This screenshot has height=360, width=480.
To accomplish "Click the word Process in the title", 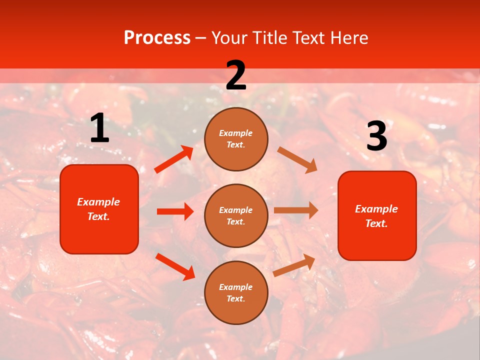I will (x=157, y=38).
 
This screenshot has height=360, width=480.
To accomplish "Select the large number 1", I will (x=99, y=128).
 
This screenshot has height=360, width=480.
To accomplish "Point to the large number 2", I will (x=236, y=75).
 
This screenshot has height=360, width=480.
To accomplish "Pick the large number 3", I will (x=376, y=136).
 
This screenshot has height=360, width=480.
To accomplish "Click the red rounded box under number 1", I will (x=99, y=209).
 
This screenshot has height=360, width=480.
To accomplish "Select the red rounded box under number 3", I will (x=377, y=215).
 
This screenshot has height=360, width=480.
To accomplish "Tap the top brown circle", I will (x=236, y=139).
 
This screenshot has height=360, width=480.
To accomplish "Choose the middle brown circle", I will (x=236, y=215).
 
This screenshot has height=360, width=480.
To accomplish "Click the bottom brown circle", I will (x=236, y=292).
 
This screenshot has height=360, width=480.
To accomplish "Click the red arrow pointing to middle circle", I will (x=175, y=211).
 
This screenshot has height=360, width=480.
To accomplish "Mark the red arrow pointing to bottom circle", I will (x=175, y=266).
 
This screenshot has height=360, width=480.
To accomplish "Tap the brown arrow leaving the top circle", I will (x=297, y=159).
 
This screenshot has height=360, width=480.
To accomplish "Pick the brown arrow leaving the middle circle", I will (x=296, y=210).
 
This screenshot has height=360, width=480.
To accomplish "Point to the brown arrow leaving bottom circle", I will (x=294, y=265).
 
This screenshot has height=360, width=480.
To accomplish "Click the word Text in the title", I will (x=305, y=38).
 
